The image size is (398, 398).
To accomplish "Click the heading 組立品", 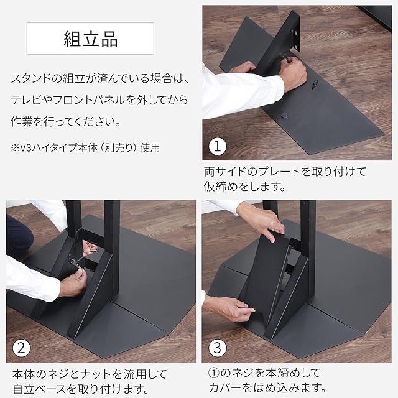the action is [91, 39].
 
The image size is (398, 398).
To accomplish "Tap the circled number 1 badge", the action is [218, 146].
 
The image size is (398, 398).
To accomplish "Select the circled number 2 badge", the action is [22, 348].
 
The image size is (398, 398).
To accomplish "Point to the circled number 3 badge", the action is [218, 348].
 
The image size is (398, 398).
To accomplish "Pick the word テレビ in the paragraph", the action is [26, 100].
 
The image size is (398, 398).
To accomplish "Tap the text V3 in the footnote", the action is [25, 147].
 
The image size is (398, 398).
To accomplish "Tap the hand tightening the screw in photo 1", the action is [294, 73].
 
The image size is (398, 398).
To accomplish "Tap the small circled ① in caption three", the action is [214, 373].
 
